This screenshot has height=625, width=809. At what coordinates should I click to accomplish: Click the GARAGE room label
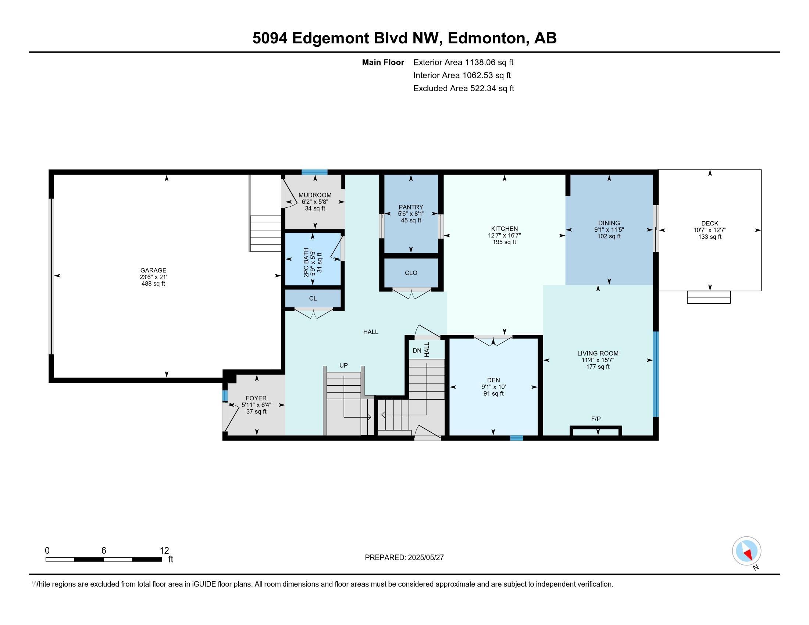[x=153, y=270]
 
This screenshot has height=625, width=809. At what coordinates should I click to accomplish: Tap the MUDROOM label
[x=315, y=195]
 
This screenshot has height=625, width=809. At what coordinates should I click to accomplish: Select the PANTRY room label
[x=411, y=207]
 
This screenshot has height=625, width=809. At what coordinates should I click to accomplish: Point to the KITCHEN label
[x=504, y=229]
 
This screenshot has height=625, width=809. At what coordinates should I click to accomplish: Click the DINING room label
[x=609, y=223]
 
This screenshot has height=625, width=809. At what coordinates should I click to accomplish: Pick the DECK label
[x=710, y=223]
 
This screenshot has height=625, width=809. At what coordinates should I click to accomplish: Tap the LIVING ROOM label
[x=598, y=353]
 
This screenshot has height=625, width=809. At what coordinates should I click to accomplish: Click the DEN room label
[x=493, y=380]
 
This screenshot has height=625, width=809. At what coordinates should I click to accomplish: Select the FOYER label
[x=256, y=398]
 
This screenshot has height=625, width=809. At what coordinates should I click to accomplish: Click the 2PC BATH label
[x=306, y=262]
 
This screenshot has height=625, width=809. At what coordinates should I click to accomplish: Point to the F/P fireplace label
[x=596, y=419]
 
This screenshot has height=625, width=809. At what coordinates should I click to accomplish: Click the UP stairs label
[x=343, y=365]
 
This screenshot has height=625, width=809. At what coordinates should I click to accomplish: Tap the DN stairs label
[x=417, y=350]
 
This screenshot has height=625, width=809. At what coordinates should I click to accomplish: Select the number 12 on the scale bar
[x=164, y=551]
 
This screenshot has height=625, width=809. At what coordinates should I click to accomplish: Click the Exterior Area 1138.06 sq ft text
[x=463, y=62]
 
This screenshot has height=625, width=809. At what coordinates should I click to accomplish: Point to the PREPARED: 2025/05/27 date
[x=404, y=557]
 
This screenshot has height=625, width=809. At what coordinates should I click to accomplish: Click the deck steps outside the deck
[x=709, y=297]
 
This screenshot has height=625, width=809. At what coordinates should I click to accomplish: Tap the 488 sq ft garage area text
[x=153, y=283]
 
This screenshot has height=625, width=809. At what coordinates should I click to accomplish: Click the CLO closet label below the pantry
[x=411, y=273]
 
